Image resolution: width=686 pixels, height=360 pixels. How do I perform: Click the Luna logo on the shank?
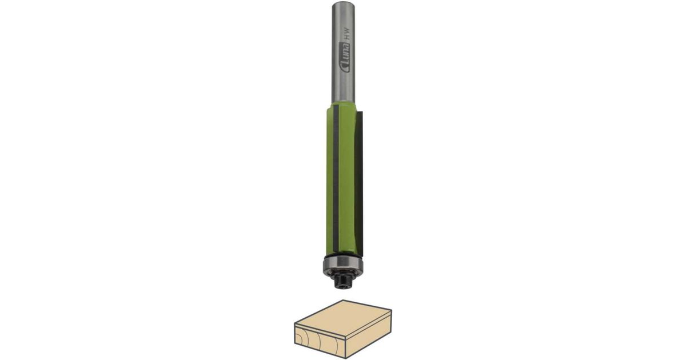(x=345, y=58)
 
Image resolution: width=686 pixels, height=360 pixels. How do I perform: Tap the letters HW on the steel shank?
(x=346, y=33)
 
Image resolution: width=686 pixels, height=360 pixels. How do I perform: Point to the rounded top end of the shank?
(x=344, y=3)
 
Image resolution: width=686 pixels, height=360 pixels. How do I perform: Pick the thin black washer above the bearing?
(x=342, y=254)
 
